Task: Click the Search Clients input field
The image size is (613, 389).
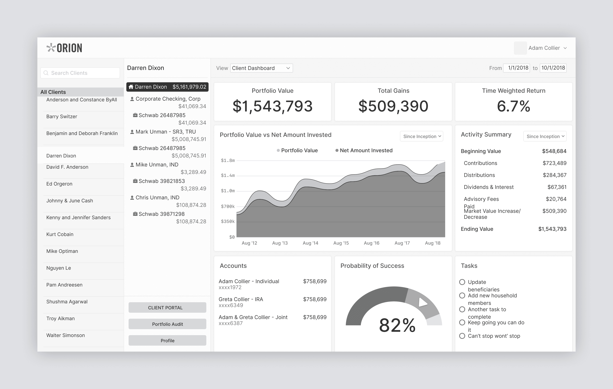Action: pyautogui.click(x=80, y=73)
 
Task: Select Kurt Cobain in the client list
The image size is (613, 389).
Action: pyautogui.click(x=60, y=234)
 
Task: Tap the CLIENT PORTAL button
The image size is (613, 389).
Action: pyautogui.click(x=167, y=307)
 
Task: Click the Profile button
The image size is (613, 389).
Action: pyautogui.click(x=167, y=341)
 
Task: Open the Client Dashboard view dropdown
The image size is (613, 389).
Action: pyautogui.click(x=261, y=68)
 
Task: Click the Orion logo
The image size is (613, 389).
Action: pyautogui.click(x=64, y=48)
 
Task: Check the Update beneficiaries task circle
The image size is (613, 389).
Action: pyautogui.click(x=462, y=282)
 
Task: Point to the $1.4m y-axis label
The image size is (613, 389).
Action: pyautogui.click(x=228, y=176)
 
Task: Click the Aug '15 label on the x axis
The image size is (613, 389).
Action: pyautogui.click(x=341, y=243)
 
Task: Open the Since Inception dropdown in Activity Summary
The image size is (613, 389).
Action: pyautogui.click(x=545, y=136)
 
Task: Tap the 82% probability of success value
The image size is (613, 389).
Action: pyautogui.click(x=397, y=325)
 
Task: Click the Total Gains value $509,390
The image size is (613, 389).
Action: pyautogui.click(x=393, y=106)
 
